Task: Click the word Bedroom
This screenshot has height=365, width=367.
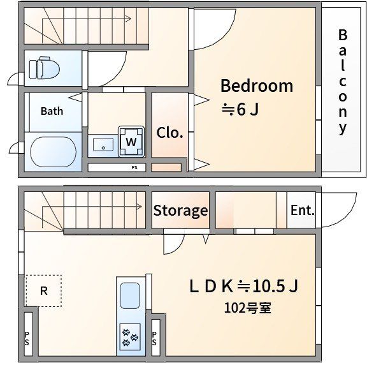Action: click(x=257, y=86)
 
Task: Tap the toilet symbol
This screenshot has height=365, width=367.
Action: click(x=44, y=68)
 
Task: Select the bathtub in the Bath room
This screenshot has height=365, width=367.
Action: click(x=54, y=152)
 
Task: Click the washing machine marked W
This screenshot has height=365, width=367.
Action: click(x=131, y=142)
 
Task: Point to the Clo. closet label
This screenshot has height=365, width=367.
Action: click(x=169, y=133)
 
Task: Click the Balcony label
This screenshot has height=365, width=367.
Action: click(x=342, y=82)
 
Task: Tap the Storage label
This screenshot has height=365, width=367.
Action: click(x=180, y=211)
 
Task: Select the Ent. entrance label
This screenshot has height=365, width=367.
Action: click(x=302, y=210)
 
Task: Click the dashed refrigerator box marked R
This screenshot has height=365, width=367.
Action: click(x=43, y=291)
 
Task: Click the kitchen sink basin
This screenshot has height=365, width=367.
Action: click(x=130, y=295)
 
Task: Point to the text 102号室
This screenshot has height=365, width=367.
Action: click(x=248, y=308)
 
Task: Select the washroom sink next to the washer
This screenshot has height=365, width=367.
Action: click(x=103, y=145)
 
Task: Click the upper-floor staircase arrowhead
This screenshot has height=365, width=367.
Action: click(x=128, y=19)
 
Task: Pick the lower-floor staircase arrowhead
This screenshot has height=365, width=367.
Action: click(x=139, y=207)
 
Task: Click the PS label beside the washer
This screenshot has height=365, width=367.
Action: click(x=134, y=167)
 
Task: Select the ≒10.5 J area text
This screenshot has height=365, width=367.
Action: click(x=268, y=286)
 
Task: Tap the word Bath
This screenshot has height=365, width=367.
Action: click(x=52, y=111)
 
